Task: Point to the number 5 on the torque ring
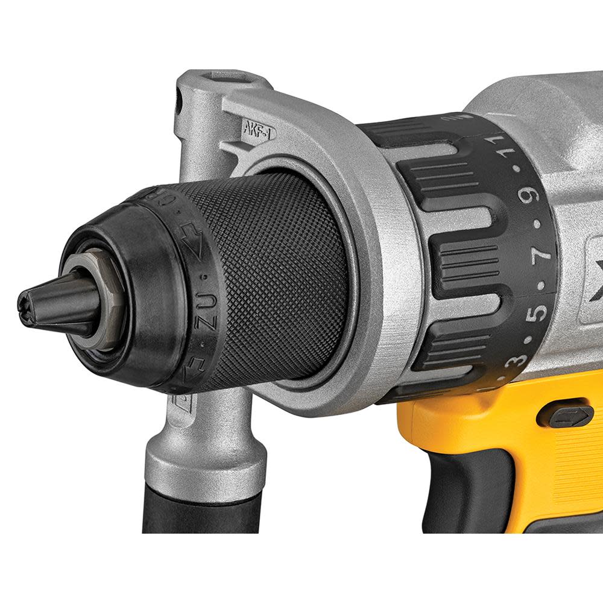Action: [538, 312]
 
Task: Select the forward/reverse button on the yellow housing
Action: [564, 415]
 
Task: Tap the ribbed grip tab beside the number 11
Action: [446, 169]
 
